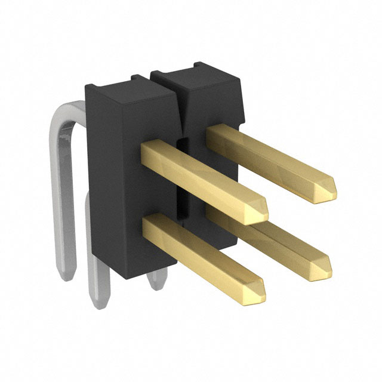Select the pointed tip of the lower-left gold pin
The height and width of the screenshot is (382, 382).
[258, 290]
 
